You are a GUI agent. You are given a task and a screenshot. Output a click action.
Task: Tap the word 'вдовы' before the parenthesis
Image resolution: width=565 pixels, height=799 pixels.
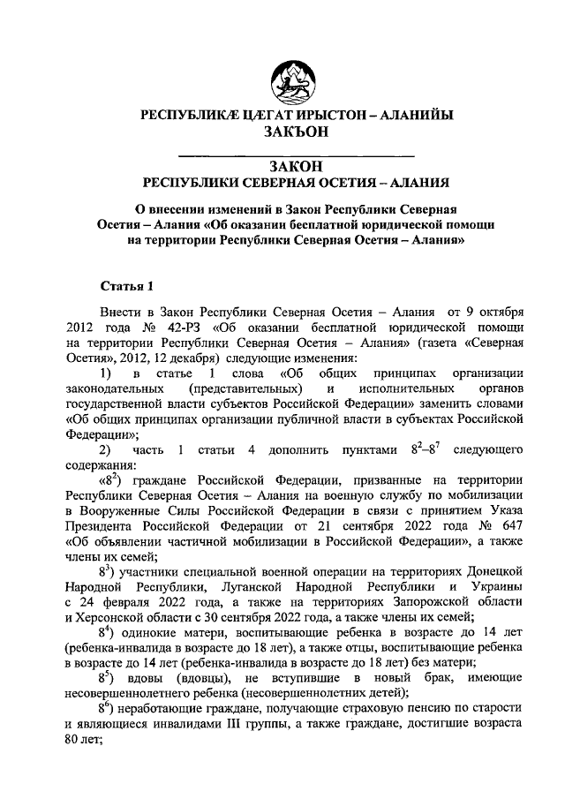(x=151, y=678)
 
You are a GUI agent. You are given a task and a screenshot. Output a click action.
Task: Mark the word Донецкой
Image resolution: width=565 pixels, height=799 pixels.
(x=488, y=571)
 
